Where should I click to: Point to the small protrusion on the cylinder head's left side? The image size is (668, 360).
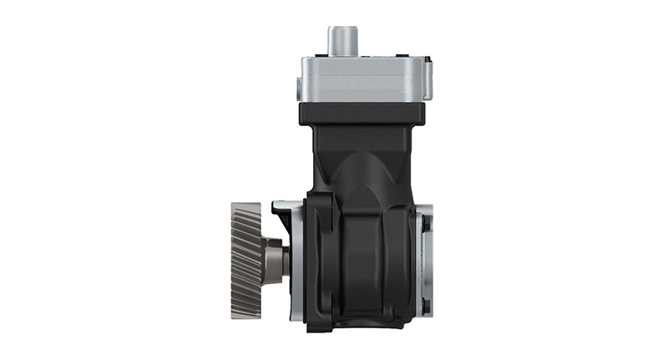(296, 82)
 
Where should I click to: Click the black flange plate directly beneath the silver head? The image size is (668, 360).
(362, 114)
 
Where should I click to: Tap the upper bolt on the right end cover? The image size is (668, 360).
(423, 224)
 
